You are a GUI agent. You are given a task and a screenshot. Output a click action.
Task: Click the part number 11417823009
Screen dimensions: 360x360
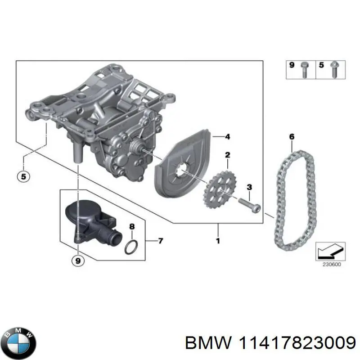click(288, 342)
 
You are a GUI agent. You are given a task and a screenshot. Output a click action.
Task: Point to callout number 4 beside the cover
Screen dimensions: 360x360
click(228, 136)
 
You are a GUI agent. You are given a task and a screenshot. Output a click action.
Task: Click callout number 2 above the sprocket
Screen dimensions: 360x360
click(228, 156)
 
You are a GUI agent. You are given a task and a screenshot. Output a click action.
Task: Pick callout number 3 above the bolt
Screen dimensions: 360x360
click(249, 187)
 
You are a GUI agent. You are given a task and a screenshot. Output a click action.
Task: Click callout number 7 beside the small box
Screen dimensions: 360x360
click(161, 241)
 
